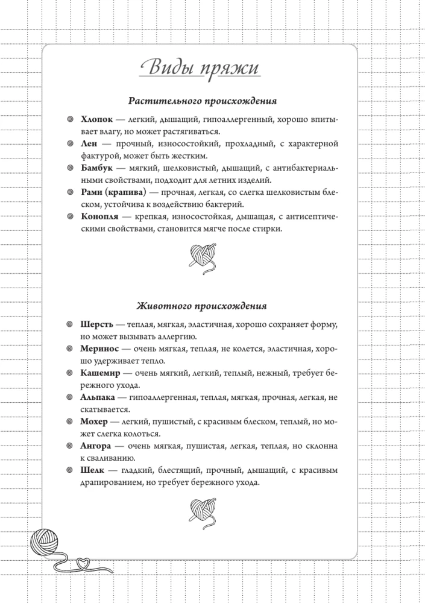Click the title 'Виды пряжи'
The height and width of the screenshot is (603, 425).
(199, 67)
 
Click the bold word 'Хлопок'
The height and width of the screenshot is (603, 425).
(96, 121)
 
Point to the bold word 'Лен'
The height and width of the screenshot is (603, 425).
(89, 144)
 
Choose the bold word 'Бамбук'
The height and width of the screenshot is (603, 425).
(96, 168)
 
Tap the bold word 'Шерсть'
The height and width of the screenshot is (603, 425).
(97, 324)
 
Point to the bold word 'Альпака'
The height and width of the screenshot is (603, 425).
(99, 397)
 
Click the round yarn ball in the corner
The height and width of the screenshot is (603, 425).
(48, 545)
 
